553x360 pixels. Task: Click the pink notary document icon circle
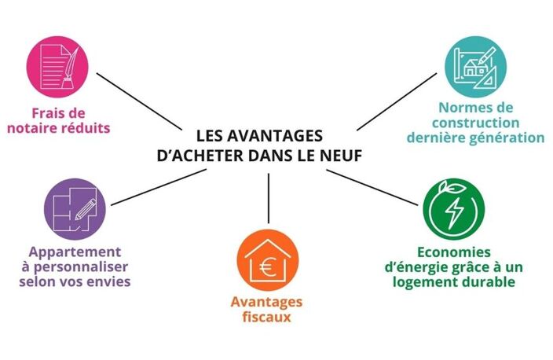57,67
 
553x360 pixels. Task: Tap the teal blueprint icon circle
475,67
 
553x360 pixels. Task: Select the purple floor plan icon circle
75,209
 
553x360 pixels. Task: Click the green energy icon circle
454,209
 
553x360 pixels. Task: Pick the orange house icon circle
267,260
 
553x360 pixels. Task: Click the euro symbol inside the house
268,267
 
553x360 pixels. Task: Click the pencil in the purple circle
86,209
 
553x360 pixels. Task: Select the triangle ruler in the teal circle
486,79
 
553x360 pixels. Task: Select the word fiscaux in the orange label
266,317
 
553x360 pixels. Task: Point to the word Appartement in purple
75,252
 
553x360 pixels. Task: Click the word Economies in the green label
453,252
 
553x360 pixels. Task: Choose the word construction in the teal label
475,123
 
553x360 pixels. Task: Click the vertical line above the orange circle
269,198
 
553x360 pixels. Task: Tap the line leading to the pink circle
139,101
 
